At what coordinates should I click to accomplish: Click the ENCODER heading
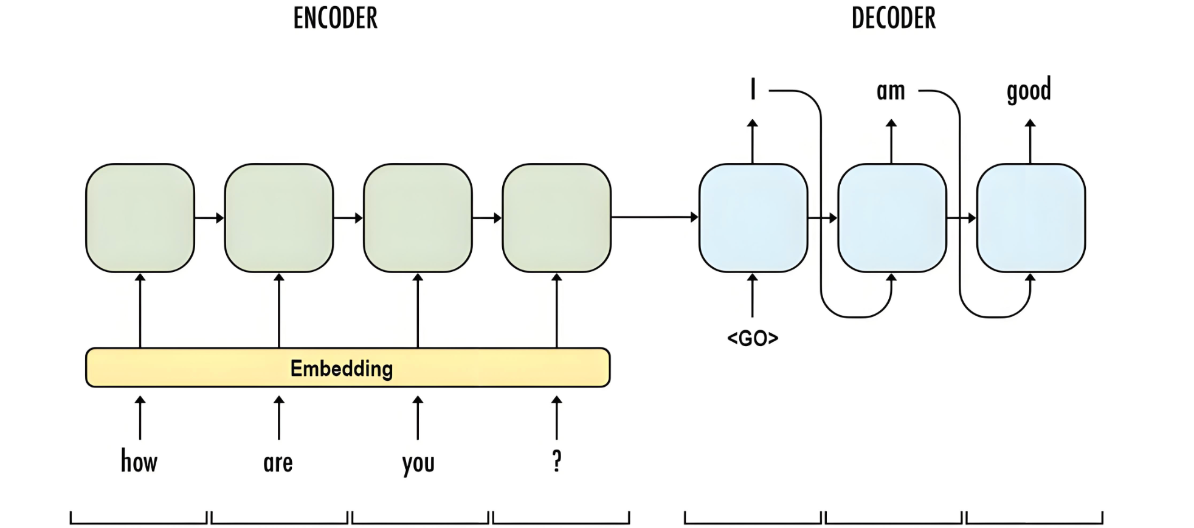[335, 18]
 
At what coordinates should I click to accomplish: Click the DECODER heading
[893, 18]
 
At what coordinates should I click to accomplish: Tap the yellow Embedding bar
[347, 367]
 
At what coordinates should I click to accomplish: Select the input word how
[139, 461]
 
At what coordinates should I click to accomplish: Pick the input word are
[278, 463]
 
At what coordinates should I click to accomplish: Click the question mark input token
[556, 461]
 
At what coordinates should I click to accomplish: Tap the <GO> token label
[753, 338]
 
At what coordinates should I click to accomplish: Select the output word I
[753, 89]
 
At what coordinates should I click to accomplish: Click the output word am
[891, 91]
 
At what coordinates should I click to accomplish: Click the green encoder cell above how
[140, 218]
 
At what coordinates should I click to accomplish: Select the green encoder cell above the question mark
[556, 218]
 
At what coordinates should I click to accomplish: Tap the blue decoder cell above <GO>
[753, 218]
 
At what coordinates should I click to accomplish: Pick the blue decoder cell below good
[1030, 218]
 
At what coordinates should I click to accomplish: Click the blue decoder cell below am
[892, 218]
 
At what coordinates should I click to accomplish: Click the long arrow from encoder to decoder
[654, 217]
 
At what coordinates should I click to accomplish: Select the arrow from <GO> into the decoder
[753, 296]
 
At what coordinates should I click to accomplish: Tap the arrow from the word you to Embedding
[418, 418]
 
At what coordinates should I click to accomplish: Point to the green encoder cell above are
[278, 218]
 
